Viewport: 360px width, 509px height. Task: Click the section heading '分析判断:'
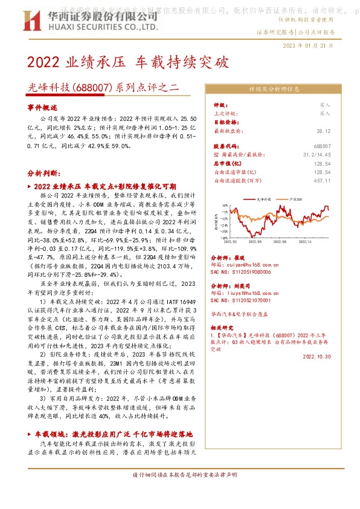point(43,173)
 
